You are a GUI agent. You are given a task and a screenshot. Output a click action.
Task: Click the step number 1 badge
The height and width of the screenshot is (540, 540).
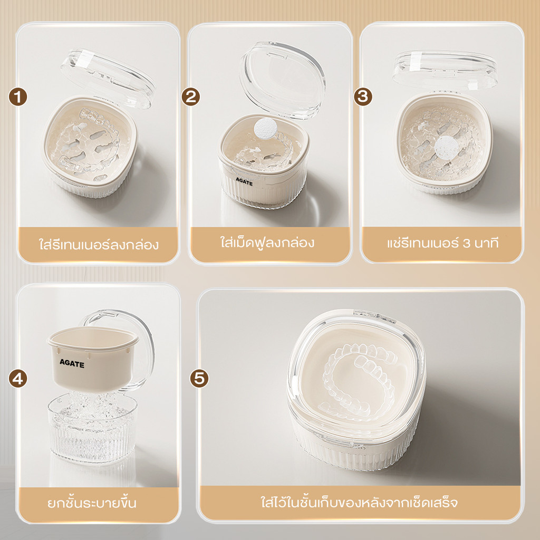(18, 97)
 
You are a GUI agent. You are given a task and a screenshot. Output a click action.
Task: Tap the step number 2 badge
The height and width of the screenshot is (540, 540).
(191, 97)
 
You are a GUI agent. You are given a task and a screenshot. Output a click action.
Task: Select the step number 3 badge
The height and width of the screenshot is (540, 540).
(363, 97)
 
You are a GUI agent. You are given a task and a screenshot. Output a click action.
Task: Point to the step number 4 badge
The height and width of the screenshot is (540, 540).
(18, 378)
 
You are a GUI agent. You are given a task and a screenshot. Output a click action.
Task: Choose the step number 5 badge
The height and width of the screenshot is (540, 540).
(199, 378)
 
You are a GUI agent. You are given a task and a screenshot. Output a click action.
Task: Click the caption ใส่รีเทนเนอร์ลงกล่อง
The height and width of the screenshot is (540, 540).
(99, 244)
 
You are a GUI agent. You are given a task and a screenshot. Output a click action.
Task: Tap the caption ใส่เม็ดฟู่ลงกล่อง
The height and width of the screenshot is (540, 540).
(267, 242)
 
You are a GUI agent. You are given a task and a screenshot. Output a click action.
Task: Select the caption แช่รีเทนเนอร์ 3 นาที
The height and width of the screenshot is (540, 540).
(442, 243)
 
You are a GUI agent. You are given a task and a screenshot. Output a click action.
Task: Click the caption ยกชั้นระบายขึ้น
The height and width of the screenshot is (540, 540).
(92, 502)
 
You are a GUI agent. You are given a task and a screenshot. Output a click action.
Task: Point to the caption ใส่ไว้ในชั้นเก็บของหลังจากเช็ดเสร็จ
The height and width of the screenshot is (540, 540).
(359, 502)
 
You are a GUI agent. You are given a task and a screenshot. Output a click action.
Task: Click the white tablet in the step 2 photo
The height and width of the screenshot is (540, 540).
(265, 128)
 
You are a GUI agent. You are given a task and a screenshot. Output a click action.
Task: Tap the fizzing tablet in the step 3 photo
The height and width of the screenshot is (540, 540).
(447, 148)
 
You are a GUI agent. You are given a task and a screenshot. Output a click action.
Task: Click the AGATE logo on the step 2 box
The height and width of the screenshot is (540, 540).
(244, 181)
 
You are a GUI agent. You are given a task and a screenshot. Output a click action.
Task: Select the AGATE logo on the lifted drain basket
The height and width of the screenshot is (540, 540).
(72, 363)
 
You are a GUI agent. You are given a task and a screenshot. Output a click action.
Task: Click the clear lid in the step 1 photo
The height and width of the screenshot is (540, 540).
(108, 78)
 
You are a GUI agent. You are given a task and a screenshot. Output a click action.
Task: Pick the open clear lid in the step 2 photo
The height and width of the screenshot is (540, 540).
(283, 81)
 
